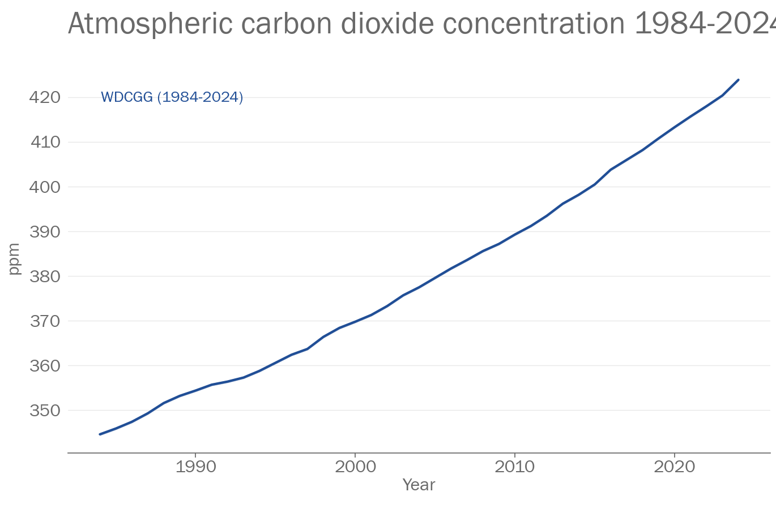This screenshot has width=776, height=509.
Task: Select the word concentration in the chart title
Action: click(x=534, y=24)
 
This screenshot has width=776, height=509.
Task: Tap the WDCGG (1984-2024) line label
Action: click(x=172, y=97)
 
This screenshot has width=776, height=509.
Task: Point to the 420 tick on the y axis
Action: click(x=45, y=97)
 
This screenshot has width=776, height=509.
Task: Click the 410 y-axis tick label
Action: click(x=45, y=142)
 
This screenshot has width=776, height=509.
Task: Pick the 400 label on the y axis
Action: click(x=45, y=187)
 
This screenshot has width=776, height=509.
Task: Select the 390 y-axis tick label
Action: click(x=45, y=231)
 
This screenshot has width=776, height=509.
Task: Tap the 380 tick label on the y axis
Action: click(x=45, y=276)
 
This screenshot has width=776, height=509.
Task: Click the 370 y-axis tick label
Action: click(x=45, y=321)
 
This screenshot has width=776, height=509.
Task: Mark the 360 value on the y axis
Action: click(x=45, y=365)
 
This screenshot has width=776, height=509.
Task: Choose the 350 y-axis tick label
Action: click(x=45, y=410)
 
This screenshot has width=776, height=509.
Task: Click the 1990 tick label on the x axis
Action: click(x=195, y=467)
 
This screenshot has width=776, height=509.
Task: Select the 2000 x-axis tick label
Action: click(x=355, y=467)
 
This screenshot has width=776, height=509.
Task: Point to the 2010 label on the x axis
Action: click(x=514, y=467)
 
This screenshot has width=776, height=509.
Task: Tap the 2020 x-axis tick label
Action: click(x=674, y=467)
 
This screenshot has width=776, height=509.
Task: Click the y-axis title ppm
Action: click(x=14, y=259)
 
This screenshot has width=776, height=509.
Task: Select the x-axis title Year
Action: click(x=419, y=485)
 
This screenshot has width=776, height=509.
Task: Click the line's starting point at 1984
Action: click(x=100, y=434)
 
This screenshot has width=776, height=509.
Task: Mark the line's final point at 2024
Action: click(x=738, y=80)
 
